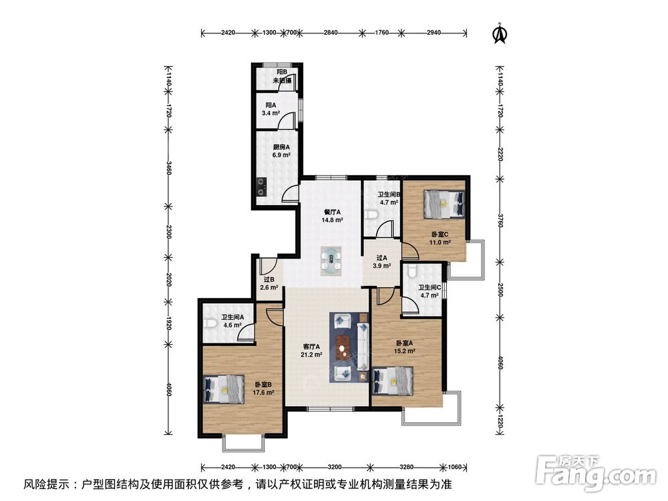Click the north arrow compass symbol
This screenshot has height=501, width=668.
(500, 33)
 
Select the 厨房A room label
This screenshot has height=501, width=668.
(282, 147)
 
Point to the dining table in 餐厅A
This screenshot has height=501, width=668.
(331, 261)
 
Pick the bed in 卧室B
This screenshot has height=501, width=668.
(224, 389)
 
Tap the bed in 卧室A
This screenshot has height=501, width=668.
(393, 381)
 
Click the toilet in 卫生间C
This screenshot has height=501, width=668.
(411, 271)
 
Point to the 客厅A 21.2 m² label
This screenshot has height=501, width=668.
(311, 350)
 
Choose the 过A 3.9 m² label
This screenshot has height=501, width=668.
(381, 262)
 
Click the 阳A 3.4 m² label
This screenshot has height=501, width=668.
(271, 109)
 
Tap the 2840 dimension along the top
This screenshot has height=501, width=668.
(331, 32)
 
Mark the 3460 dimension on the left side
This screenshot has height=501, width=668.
(170, 168)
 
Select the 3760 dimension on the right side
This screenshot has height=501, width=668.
(500, 219)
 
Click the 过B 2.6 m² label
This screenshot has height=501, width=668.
(269, 283)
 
